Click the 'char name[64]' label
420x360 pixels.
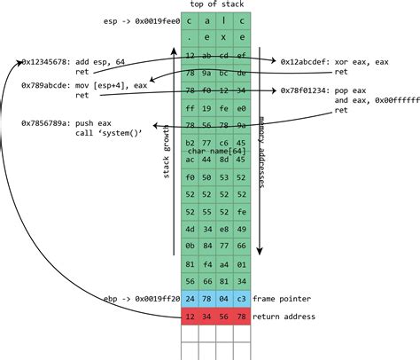click(x=217, y=152)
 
